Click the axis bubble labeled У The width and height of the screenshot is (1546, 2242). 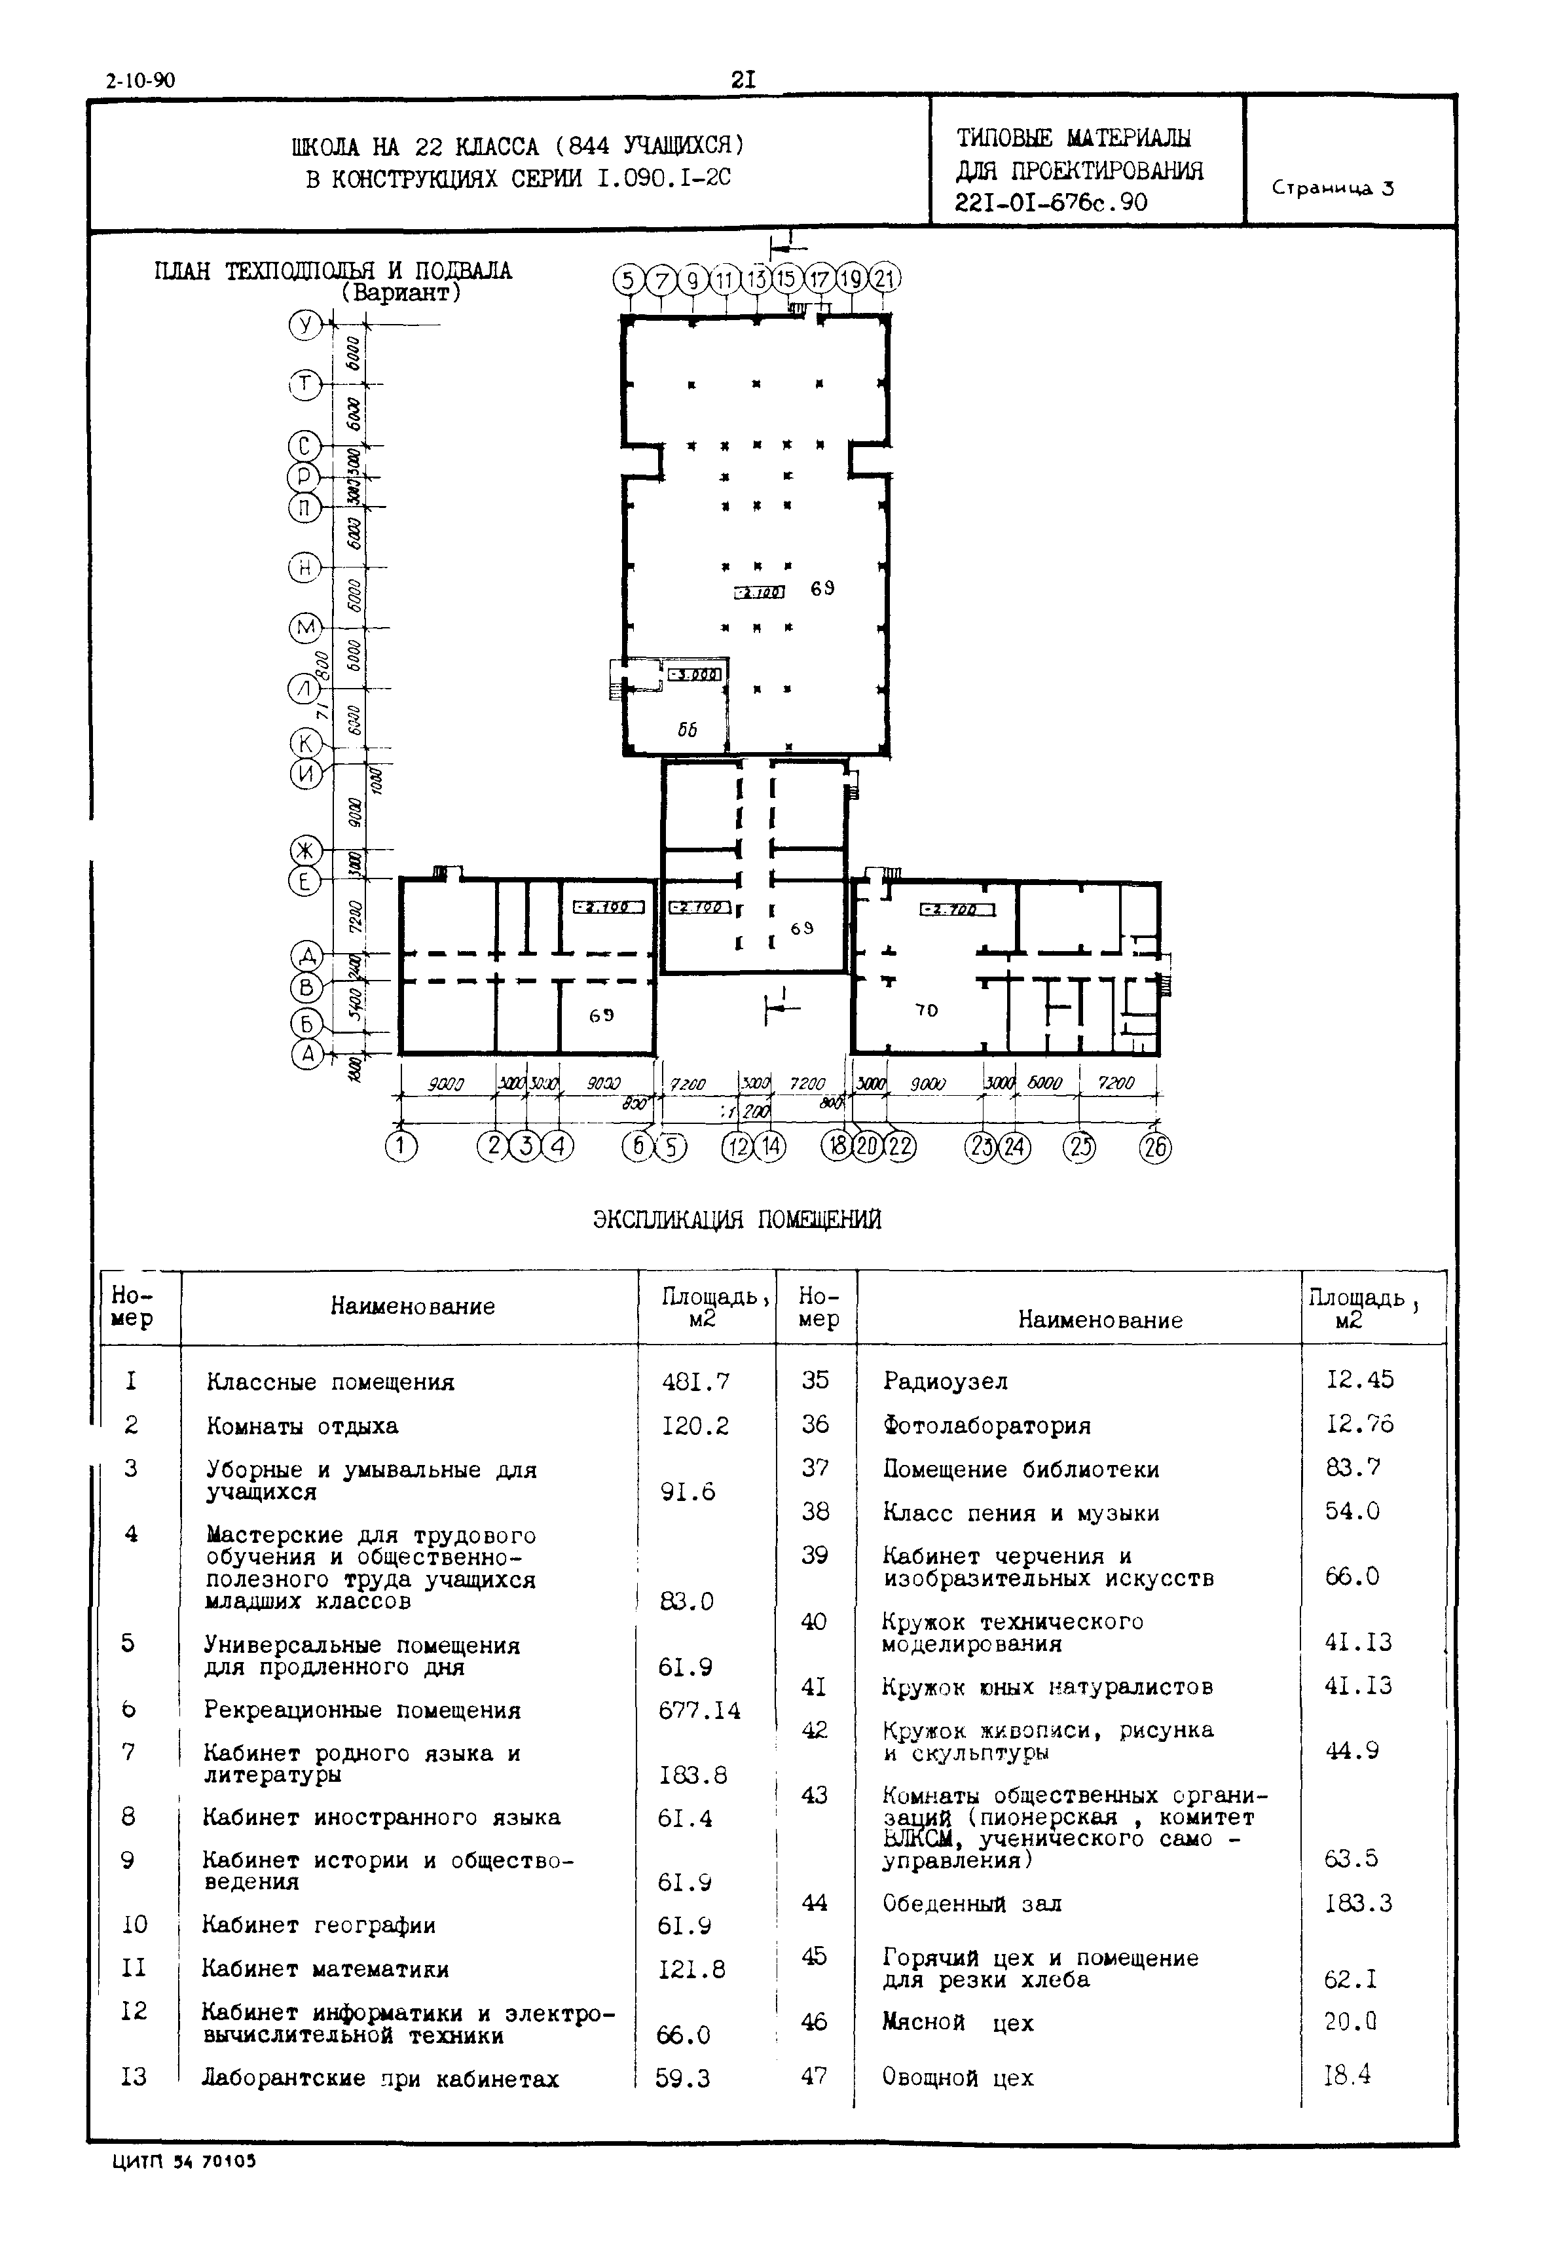[x=305, y=325]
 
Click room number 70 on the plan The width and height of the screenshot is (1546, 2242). [x=927, y=1010]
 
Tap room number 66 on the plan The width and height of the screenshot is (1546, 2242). [x=687, y=731]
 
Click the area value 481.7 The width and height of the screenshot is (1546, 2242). [x=695, y=1381]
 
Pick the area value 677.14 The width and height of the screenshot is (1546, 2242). [x=699, y=1711]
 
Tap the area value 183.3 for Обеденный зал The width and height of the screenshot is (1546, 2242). [x=1358, y=1903]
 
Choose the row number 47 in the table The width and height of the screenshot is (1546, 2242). [x=815, y=2076]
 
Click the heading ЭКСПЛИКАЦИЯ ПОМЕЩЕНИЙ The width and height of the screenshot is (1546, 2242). [x=737, y=1220]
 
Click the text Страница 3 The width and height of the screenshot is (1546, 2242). [x=1333, y=189]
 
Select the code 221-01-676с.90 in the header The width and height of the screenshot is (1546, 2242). [x=1051, y=202]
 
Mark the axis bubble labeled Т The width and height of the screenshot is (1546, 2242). [x=305, y=386]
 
